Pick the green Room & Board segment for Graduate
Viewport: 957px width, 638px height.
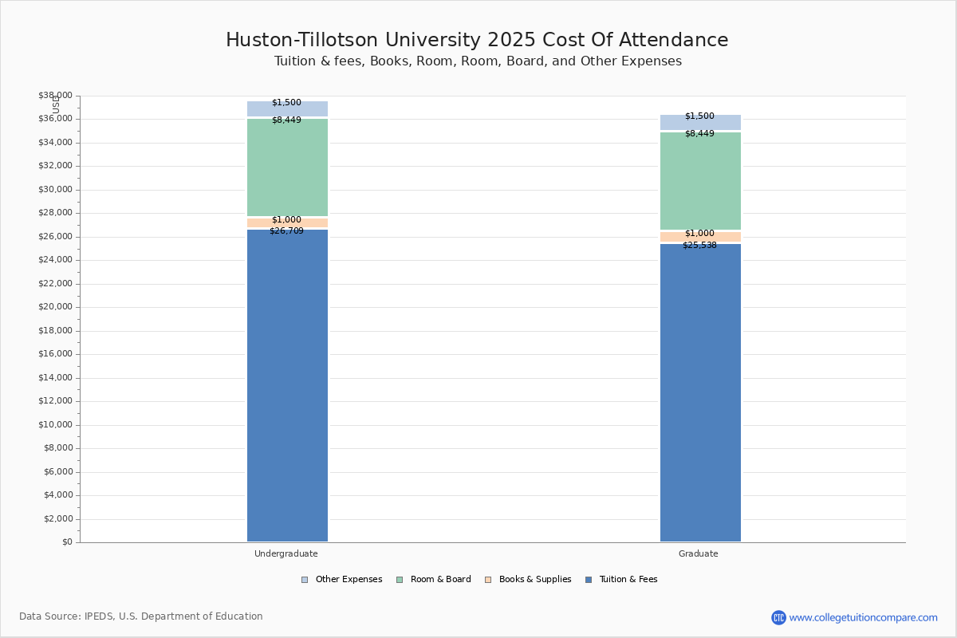[700, 182]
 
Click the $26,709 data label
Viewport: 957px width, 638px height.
[286, 231]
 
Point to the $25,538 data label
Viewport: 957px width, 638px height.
[699, 246]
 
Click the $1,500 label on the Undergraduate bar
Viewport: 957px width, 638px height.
[286, 103]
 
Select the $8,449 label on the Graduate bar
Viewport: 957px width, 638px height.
[699, 134]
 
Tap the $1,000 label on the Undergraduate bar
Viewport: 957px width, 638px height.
[286, 220]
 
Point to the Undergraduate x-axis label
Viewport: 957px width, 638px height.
[286, 553]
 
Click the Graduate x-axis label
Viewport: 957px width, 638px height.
[699, 553]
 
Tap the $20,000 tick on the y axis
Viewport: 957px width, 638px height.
[55, 307]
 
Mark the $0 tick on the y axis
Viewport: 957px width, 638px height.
[66, 542]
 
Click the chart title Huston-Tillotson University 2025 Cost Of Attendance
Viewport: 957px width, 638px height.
[477, 40]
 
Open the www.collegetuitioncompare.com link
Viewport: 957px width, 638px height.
[863, 617]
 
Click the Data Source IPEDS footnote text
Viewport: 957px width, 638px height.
[141, 616]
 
